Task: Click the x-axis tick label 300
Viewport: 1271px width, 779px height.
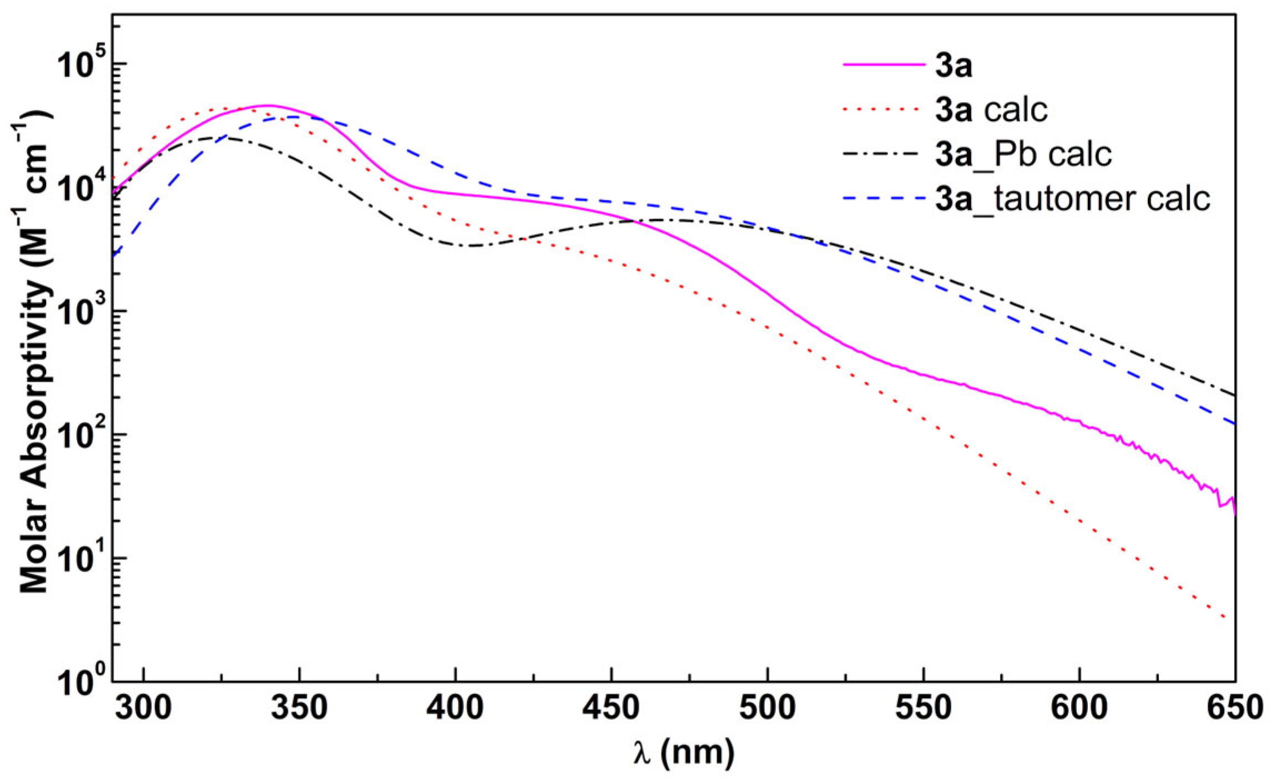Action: point(143,709)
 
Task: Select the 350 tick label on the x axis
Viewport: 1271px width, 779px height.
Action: point(300,709)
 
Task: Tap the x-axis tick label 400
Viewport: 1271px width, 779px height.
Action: point(456,709)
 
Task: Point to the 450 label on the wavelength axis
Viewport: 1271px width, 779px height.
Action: point(612,709)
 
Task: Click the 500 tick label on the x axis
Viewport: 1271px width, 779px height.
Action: point(768,709)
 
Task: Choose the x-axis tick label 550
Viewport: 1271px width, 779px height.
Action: point(924,709)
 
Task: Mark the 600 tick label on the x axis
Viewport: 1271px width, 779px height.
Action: point(1080,709)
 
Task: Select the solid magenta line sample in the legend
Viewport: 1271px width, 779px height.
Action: point(884,65)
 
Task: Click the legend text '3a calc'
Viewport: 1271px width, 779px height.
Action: point(991,110)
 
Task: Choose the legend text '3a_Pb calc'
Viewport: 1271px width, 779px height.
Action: point(1023,154)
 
